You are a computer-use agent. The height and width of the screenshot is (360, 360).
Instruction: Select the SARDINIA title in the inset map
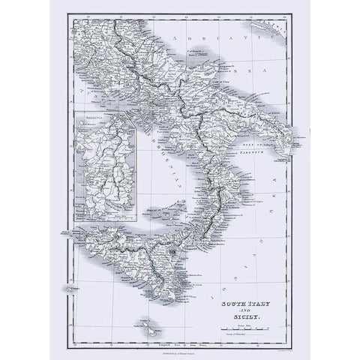pyautogui.click(x=94, y=119)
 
